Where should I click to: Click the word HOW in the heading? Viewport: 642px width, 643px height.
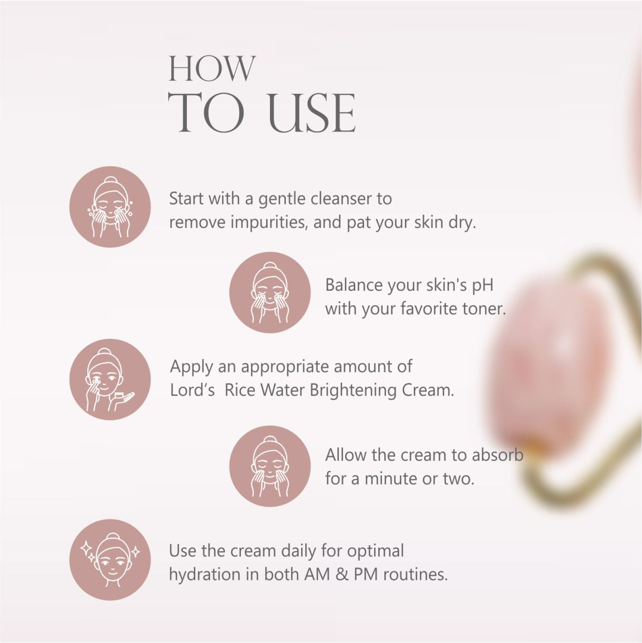[x=212, y=68]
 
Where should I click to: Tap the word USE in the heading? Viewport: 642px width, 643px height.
[x=312, y=112]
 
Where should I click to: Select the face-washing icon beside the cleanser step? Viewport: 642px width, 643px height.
[x=110, y=207]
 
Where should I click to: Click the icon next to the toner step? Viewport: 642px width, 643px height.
[x=270, y=292]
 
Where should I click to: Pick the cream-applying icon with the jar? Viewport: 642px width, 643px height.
[x=110, y=379]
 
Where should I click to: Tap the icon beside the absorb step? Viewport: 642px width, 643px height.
[x=270, y=466]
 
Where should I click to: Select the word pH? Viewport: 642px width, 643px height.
[x=482, y=286]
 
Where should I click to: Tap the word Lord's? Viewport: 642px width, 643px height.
[x=192, y=390]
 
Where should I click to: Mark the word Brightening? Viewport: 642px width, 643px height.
[x=353, y=390]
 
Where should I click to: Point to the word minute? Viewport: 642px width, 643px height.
[x=391, y=479]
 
